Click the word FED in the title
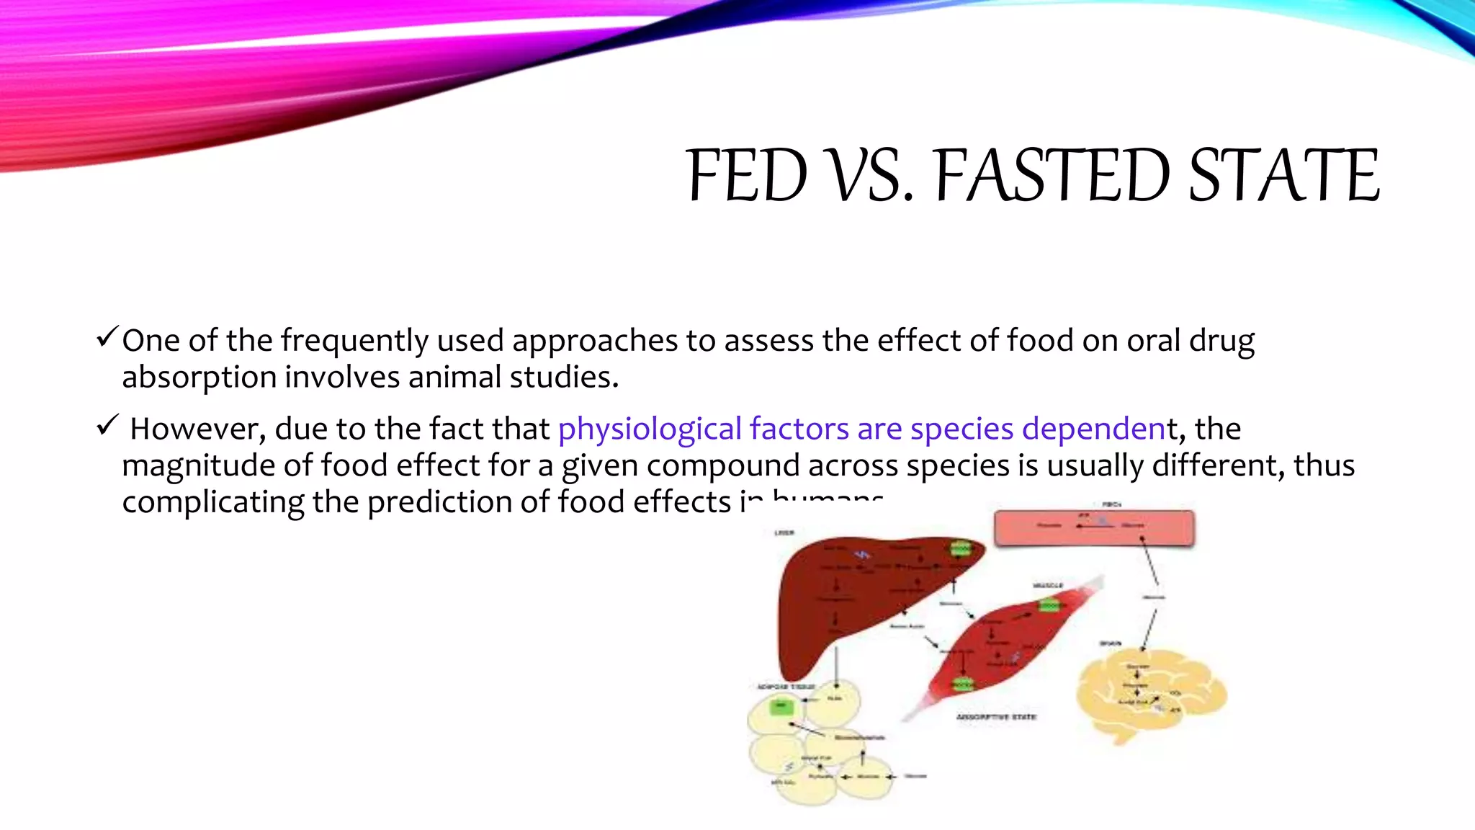747,176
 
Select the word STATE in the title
1284,176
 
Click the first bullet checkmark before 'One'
107,336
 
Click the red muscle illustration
1008,641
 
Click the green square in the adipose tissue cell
781,707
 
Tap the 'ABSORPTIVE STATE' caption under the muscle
995,717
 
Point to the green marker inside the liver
961,550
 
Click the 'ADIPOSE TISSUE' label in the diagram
786,687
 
